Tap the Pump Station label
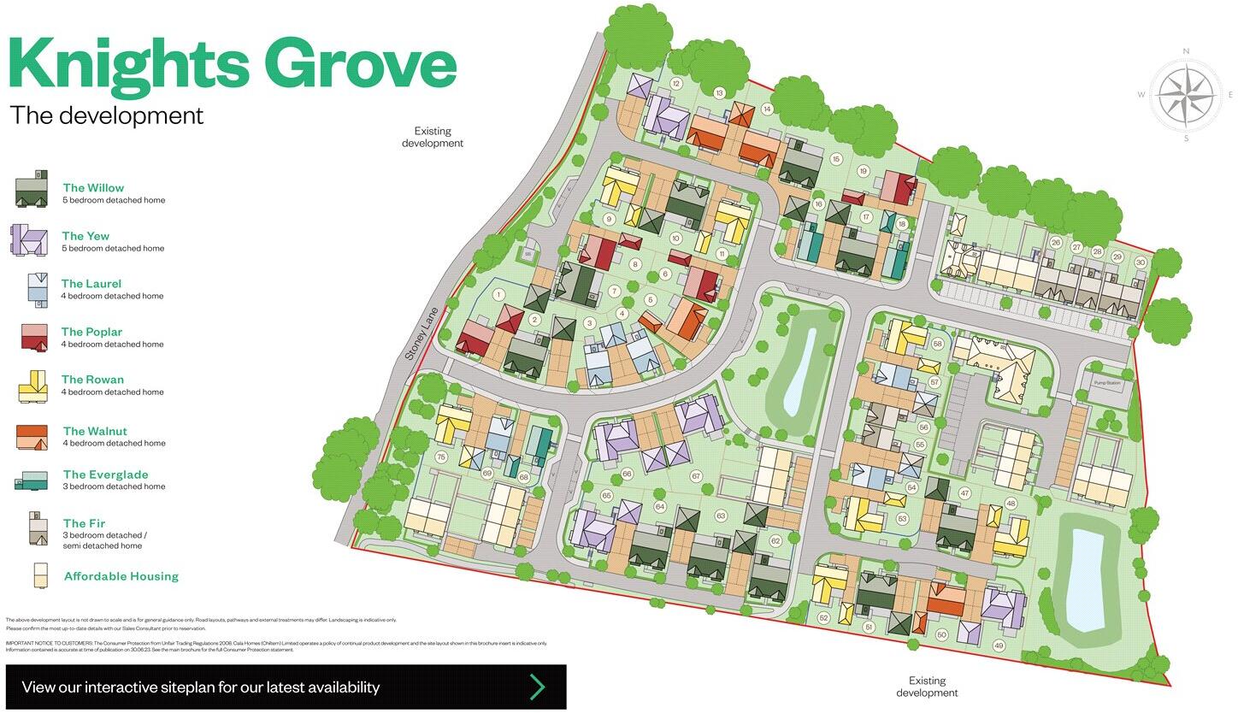point(1106,383)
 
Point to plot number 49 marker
point(999,645)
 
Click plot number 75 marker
point(441,457)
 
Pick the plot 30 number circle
point(1140,262)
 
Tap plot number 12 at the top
point(675,83)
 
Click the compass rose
point(1186,95)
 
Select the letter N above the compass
point(1186,51)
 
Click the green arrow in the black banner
point(537,686)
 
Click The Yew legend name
point(85,236)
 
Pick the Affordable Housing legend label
point(121,576)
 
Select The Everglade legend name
point(105,474)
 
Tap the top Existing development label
point(433,137)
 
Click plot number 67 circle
point(696,476)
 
